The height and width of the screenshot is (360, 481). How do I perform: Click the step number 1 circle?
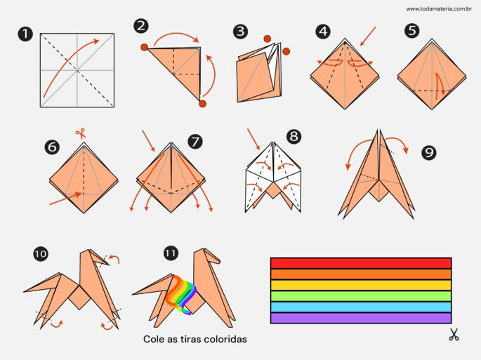tap(25, 34)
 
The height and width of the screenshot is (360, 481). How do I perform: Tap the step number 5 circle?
tap(411, 31)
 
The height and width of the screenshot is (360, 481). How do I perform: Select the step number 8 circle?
tap(294, 136)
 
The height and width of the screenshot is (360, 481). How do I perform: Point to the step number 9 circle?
tap(428, 152)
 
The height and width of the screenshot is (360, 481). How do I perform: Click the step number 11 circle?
tap(171, 253)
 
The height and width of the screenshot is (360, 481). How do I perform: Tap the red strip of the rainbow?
tap(361, 263)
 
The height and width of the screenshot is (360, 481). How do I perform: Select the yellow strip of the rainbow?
tap(361, 285)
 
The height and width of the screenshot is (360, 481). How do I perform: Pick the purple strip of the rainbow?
tap(361, 318)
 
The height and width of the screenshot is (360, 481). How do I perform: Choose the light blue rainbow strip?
tap(361, 307)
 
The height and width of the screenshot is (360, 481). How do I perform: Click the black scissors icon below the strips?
tap(454, 334)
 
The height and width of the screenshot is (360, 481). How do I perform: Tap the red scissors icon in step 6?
tap(81, 134)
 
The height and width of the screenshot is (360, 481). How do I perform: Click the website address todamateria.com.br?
tap(439, 9)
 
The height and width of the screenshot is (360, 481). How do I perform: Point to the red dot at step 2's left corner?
tap(144, 47)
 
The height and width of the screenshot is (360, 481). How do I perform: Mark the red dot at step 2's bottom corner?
tap(202, 104)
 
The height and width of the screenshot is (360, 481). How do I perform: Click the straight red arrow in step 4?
tap(368, 36)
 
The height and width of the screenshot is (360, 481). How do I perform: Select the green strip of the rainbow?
tap(361, 296)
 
